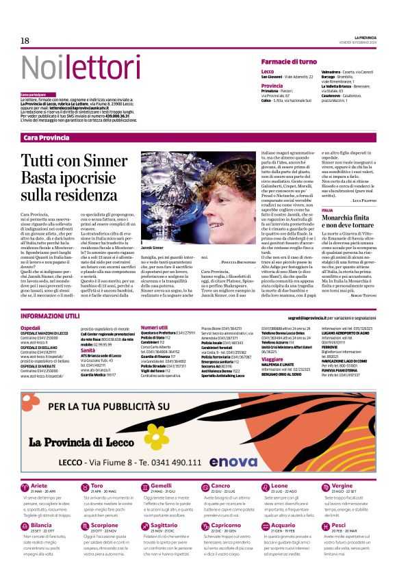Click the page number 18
tap(25, 41)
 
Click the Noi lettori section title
tap(71, 67)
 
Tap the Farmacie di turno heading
tap(289, 62)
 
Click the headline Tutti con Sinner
tap(75, 162)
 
